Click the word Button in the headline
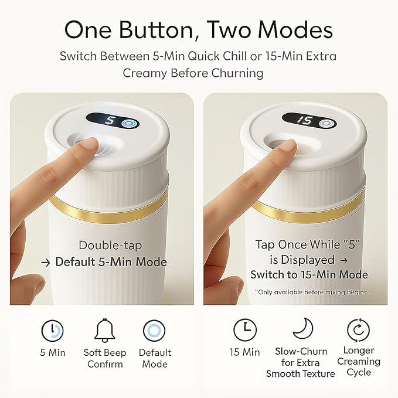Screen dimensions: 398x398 tap(156, 30)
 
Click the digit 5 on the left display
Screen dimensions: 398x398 tap(110, 120)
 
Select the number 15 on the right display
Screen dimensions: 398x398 tap(305, 120)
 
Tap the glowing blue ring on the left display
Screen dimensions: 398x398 tap(130, 124)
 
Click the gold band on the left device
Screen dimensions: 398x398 tap(109, 212)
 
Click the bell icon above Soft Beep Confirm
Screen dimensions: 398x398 tap(104, 330)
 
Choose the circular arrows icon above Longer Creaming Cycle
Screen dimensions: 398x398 tap(358, 330)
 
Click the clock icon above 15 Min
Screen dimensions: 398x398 tap(245, 330)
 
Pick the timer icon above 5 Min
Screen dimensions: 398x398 tap(52, 331)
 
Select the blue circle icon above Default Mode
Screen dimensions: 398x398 tap(154, 331)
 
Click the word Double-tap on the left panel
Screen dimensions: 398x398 tap(110, 246)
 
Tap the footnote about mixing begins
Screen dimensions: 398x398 tap(311, 292)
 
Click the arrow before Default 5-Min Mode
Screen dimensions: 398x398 tap(46, 263)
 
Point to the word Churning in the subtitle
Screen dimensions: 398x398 tap(237, 73)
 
